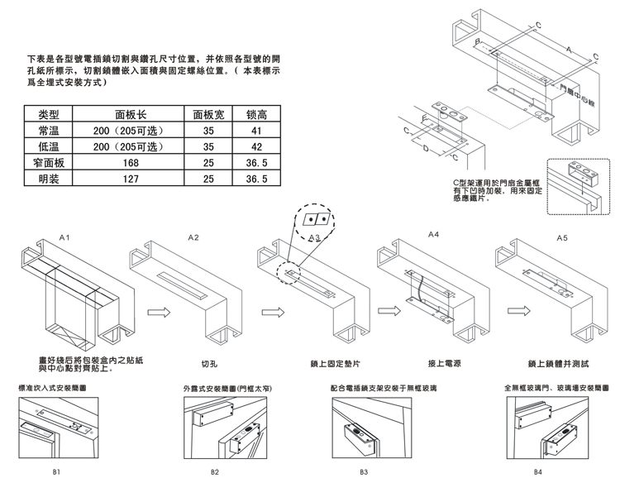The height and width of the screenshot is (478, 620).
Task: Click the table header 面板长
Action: tap(131, 115)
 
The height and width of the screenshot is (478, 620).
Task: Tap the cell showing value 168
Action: tap(131, 162)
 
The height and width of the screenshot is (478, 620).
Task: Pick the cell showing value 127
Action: tap(131, 178)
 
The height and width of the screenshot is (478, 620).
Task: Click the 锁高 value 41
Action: tap(255, 131)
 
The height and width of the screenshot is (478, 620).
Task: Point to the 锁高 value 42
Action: tap(255, 146)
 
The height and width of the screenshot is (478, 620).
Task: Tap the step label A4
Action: tap(434, 236)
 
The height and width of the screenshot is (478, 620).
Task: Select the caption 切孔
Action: tap(209, 363)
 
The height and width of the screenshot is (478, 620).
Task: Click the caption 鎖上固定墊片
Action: tap(322, 363)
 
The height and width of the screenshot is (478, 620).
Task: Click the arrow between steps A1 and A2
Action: tap(159, 313)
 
